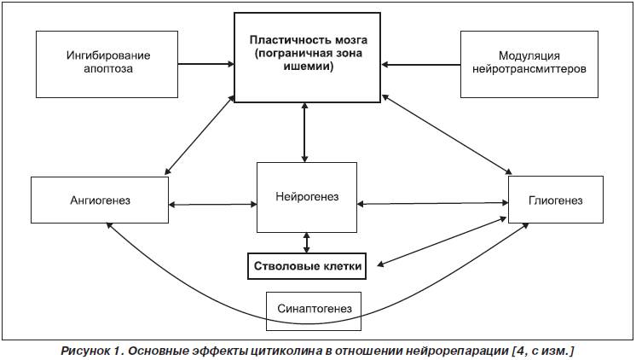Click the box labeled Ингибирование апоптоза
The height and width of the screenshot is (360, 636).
(x=107, y=64)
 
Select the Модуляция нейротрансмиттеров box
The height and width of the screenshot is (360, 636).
(x=529, y=64)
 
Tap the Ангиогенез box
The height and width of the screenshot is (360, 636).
(x=100, y=200)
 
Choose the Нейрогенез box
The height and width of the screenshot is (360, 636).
(x=307, y=197)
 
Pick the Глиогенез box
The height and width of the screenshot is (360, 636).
(x=556, y=200)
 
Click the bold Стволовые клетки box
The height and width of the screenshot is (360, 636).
(x=307, y=266)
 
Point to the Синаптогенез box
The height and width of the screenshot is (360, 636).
(x=314, y=311)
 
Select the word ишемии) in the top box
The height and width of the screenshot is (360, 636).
(x=309, y=67)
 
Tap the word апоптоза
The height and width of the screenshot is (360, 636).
(x=108, y=69)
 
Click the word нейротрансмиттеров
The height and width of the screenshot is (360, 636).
(x=529, y=69)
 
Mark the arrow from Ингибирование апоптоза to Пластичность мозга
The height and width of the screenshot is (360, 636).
(x=206, y=64)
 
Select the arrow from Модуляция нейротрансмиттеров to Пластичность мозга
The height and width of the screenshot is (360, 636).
(x=421, y=65)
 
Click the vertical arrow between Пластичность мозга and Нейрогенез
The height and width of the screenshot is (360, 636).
(x=304, y=132)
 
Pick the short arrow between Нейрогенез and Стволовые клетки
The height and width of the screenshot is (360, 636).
(x=306, y=243)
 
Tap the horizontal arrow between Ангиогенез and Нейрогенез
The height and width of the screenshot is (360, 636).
(x=212, y=205)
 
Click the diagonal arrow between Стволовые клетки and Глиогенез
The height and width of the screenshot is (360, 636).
(x=442, y=242)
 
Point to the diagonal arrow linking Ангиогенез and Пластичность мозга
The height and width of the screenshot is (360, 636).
(x=199, y=135)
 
